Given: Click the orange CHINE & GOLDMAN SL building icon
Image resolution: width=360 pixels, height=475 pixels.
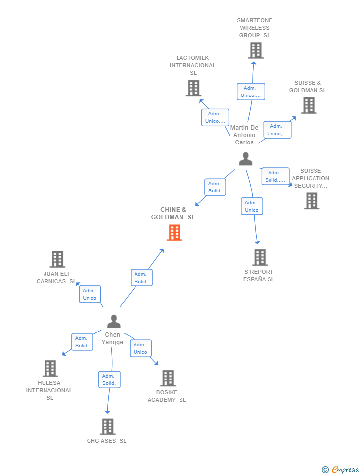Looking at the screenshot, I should click(x=174, y=233).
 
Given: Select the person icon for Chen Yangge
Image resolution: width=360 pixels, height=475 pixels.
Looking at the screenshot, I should click(x=114, y=322).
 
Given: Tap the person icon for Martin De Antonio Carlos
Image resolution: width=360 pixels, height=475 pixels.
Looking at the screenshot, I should click(x=246, y=159).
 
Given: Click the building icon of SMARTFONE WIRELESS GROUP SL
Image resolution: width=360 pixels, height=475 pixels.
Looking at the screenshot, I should click(x=255, y=50).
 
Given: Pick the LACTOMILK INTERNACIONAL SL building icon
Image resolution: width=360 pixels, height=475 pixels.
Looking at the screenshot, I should click(x=193, y=88).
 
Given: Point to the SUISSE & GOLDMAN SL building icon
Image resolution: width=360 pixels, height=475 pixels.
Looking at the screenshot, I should click(x=309, y=105).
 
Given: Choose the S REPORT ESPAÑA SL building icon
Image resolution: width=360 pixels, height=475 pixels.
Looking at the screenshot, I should click(x=260, y=257).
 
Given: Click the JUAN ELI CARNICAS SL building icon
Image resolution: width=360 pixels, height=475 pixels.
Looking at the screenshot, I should click(x=57, y=259).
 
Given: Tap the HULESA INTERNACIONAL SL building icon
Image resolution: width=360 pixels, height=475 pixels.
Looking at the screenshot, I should click(x=50, y=368).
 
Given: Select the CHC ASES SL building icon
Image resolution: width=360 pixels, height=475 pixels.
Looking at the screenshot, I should click(x=107, y=427).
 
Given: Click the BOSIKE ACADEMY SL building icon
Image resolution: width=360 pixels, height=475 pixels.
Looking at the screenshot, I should click(x=168, y=378).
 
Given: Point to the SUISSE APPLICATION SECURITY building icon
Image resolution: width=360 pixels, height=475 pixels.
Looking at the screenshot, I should click(x=312, y=201).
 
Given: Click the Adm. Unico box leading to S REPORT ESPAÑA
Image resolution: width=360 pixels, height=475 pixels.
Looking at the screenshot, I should click(x=252, y=206).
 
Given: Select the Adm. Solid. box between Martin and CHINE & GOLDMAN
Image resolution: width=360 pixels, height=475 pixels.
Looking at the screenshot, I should click(x=215, y=187).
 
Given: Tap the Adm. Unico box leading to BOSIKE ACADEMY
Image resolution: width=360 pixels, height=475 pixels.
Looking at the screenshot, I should click(x=140, y=348).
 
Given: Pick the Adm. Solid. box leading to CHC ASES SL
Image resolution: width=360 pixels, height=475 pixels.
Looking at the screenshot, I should click(x=109, y=380).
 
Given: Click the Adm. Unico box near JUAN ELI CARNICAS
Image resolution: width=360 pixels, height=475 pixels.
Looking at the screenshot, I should click(x=90, y=294).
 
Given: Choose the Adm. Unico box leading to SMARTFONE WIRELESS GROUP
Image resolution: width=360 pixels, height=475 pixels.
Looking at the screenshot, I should click(x=251, y=92).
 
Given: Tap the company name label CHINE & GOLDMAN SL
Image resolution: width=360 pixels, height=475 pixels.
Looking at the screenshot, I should click(x=173, y=213).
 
